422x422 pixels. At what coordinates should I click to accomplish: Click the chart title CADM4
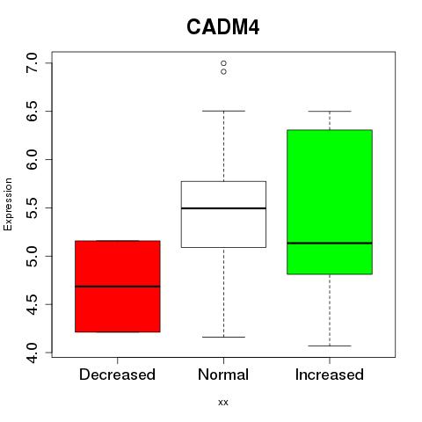(x=223, y=27)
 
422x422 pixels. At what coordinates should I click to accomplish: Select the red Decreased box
(x=118, y=287)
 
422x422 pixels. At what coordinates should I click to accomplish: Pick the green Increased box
(x=330, y=202)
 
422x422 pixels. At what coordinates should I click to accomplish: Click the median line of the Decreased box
(x=118, y=287)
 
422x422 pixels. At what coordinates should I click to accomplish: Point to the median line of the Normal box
(x=223, y=208)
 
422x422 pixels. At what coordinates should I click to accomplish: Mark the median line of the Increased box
(x=330, y=243)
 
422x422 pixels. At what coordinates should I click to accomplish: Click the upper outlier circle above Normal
(x=223, y=63)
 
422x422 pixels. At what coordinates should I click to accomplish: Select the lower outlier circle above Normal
(x=223, y=71)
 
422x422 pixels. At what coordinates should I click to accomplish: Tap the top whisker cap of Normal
(x=223, y=111)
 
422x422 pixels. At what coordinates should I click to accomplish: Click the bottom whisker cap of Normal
(x=223, y=337)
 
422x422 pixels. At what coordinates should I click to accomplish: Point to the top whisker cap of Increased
(x=330, y=112)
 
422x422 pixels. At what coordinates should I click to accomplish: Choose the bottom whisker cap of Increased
(x=330, y=346)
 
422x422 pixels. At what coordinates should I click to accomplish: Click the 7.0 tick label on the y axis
(x=32, y=63)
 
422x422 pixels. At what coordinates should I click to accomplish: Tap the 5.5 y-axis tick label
(x=32, y=207)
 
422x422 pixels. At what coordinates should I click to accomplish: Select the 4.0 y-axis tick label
(x=32, y=353)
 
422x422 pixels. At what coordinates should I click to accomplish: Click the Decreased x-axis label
(x=117, y=375)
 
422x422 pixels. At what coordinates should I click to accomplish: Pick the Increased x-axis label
(x=330, y=375)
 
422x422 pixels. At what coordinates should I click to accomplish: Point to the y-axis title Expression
(x=8, y=204)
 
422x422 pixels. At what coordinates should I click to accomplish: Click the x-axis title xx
(x=223, y=403)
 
